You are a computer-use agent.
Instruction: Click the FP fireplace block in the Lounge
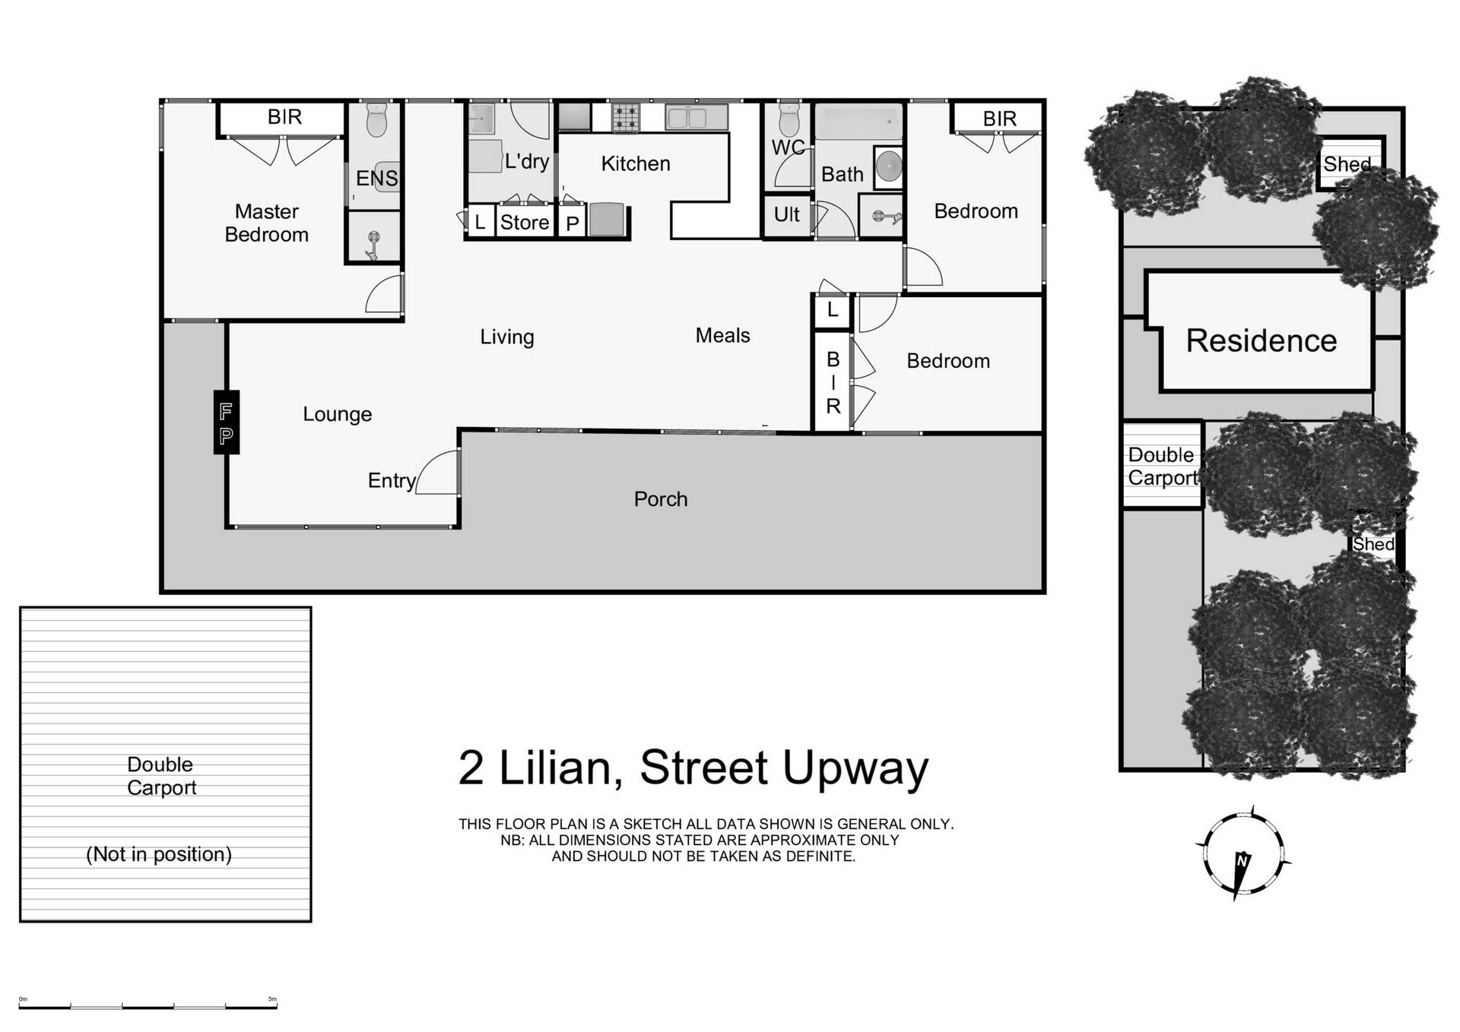coord(226,423)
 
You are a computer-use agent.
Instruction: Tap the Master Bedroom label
coord(266,223)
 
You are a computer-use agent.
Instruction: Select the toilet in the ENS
coord(376,120)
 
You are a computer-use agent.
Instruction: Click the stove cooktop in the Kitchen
coord(626,118)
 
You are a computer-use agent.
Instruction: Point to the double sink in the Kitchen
coord(697,117)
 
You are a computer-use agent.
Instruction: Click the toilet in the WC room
coord(789,119)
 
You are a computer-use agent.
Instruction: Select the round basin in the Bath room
coord(888,166)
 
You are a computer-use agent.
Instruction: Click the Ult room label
coord(786,215)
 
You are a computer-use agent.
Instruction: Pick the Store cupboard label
coord(524,223)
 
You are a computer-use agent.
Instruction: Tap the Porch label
coord(660,499)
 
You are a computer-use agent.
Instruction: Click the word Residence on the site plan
coord(1261,340)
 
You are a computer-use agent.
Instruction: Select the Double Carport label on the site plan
coord(1162,466)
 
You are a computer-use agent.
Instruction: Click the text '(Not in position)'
coord(158,854)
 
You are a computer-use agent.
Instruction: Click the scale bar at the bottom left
coord(148,1006)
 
